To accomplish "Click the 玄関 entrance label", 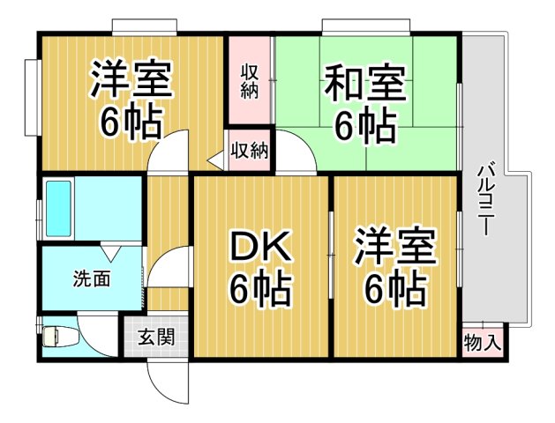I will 155,337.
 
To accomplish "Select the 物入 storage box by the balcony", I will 482,341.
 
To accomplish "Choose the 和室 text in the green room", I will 364,85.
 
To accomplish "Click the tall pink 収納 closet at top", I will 249,79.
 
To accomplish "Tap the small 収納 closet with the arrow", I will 249,150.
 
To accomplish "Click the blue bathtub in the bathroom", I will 59,208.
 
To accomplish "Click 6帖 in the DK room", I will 260,289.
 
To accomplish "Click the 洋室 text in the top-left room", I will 131,81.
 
